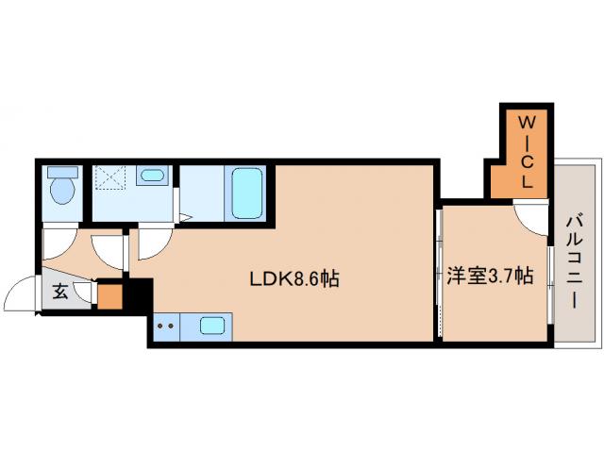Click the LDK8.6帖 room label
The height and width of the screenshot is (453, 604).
coord(294,279)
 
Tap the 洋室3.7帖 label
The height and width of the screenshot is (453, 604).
coord(490,276)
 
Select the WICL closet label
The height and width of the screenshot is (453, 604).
coord(527,153)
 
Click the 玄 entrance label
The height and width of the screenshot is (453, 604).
coord(60,292)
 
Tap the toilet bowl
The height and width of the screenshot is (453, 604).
coord(62,191)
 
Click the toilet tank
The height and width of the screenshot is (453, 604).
coord(62,172)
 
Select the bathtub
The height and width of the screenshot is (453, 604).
coord(247,193)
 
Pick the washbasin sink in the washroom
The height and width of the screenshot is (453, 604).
coord(152,176)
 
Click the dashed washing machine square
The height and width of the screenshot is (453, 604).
coord(110,177)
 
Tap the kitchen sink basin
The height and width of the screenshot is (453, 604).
coord(211,327)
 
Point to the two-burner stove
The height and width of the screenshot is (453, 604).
coord(166,327)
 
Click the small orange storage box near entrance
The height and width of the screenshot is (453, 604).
coord(109,296)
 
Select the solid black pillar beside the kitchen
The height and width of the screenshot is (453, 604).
coord(141,296)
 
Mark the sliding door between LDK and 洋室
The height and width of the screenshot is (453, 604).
coord(439,273)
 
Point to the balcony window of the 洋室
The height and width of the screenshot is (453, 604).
coord(551,285)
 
